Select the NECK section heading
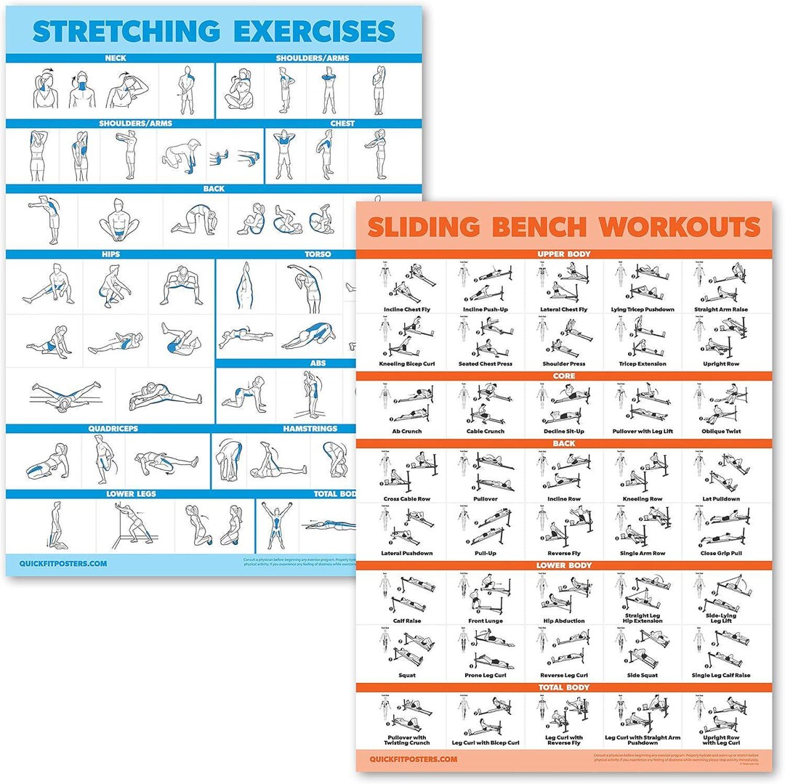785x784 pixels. pos(115,57)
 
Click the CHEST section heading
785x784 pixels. pos(342,124)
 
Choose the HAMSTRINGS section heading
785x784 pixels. pos(310,429)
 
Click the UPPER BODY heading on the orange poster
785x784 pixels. pos(563,254)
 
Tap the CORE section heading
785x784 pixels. pos(563,376)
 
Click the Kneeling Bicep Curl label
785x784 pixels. pos(407,363)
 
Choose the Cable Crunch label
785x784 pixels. pos(485,432)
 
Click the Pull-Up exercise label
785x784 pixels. pos(485,554)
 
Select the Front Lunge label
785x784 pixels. pos(485,621)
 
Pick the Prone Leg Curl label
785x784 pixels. pos(485,676)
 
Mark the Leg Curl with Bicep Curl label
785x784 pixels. pos(485,743)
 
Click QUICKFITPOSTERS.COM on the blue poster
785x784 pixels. pos(64,562)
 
